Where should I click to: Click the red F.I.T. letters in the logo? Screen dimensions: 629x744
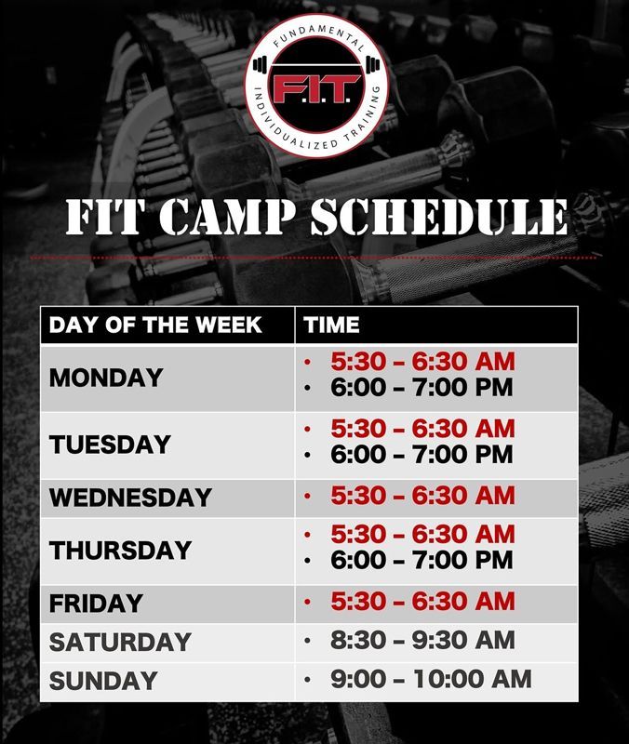click(x=315, y=88)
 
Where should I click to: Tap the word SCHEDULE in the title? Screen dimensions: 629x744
click(x=439, y=217)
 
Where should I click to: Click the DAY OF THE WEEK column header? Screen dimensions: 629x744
click(x=155, y=325)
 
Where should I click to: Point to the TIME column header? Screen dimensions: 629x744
click(x=332, y=325)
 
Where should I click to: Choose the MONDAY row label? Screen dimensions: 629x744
click(x=106, y=379)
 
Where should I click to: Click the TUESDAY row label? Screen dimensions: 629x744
click(x=110, y=445)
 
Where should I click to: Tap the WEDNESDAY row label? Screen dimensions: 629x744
click(x=130, y=498)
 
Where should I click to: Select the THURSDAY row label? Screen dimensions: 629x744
click(x=120, y=551)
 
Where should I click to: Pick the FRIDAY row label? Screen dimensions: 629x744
click(x=96, y=604)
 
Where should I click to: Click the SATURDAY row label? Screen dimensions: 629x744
click(x=120, y=642)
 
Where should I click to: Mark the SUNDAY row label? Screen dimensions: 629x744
click(x=103, y=681)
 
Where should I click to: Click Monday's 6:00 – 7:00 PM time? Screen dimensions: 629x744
click(x=422, y=387)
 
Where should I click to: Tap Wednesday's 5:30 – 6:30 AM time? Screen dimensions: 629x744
click(x=422, y=496)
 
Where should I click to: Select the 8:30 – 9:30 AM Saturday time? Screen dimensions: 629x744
click(x=422, y=640)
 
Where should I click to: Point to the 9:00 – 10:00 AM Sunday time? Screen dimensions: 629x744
click(x=431, y=679)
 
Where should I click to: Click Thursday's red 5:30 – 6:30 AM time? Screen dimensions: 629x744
click(x=422, y=534)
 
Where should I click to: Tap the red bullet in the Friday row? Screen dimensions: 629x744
click(x=308, y=602)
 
